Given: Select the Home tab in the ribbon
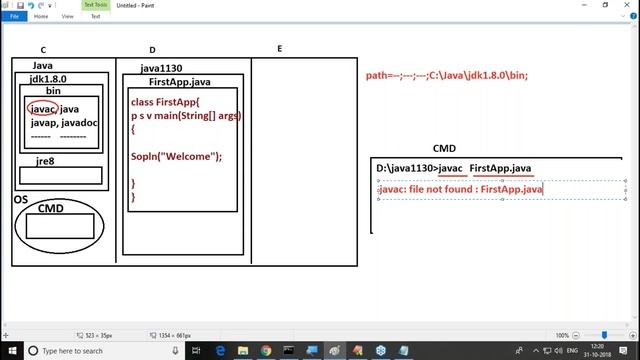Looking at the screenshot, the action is pos(42,17).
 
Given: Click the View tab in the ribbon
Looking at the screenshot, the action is pos(67,17).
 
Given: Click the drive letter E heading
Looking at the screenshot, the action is pos(279,49).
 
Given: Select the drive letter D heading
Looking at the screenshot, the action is pos(152,50).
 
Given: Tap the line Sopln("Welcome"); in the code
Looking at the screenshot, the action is pos(176,156).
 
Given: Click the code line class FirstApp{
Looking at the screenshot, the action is pos(165,102).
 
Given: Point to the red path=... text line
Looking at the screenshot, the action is pos(446,75).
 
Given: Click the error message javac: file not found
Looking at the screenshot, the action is pos(460,188).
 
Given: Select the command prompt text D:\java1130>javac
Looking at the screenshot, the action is pos(420,168).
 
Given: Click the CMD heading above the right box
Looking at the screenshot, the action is pos(444,149).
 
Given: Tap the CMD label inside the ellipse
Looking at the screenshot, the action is pos(50,208).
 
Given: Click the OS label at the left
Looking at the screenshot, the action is pos(20,199).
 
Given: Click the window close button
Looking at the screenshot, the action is pos(628,5).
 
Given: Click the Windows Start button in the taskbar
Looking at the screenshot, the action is pos(8,351).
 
